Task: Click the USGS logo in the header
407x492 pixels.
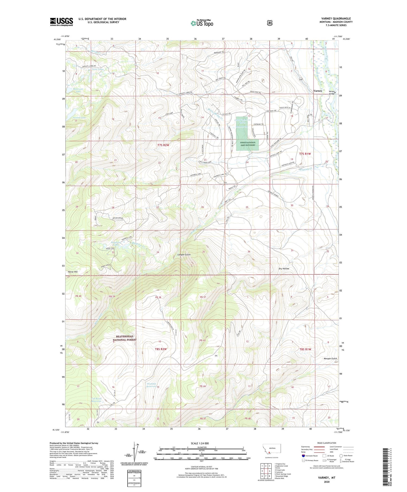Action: (x=61, y=22)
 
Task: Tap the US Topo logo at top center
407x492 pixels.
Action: (x=202, y=23)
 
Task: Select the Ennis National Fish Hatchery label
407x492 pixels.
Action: (x=247, y=144)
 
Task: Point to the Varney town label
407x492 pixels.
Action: (x=318, y=91)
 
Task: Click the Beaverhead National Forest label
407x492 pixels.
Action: (x=125, y=338)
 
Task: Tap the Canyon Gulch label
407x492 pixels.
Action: (x=184, y=255)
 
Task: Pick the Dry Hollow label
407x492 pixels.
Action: (x=284, y=269)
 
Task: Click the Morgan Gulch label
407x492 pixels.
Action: (x=330, y=358)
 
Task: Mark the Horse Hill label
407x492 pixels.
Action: (x=73, y=272)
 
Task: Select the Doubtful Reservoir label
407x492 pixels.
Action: (x=152, y=385)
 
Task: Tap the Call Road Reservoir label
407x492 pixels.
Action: (x=96, y=400)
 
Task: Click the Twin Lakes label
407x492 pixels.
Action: (x=97, y=69)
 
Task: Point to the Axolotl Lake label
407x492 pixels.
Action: (x=79, y=118)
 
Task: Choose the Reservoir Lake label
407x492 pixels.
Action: (x=78, y=90)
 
